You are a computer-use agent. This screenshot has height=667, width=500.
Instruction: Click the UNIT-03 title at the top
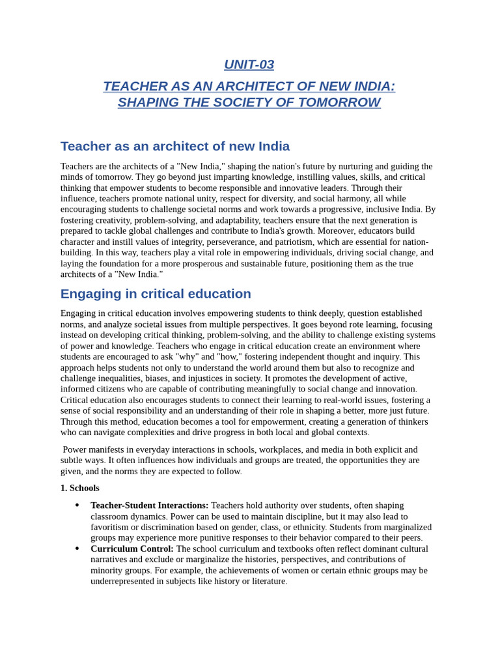249,64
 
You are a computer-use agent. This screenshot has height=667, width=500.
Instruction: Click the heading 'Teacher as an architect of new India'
174,146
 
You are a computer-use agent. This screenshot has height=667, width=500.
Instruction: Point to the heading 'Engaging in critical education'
156,294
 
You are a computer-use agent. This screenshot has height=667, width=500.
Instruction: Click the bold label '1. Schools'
79,488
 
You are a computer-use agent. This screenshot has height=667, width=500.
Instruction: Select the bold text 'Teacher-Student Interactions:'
149,505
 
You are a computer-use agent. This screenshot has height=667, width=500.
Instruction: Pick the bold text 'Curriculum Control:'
132,548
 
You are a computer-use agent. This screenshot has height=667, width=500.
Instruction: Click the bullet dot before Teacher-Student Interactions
77,505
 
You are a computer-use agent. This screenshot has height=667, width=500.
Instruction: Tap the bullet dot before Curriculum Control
77,548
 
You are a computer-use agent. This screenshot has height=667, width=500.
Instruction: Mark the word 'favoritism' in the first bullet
112,527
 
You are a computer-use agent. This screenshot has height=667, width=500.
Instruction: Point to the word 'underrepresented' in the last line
122,581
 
